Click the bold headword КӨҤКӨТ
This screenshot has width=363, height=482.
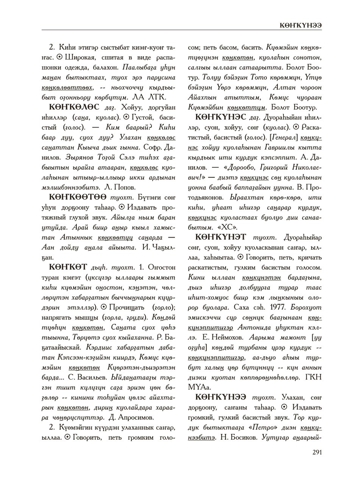(x=68, y=267)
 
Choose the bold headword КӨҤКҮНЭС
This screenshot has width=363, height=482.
(x=221, y=117)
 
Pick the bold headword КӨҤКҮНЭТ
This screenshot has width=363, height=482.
(x=221, y=238)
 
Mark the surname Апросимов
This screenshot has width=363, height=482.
(x=136, y=417)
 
